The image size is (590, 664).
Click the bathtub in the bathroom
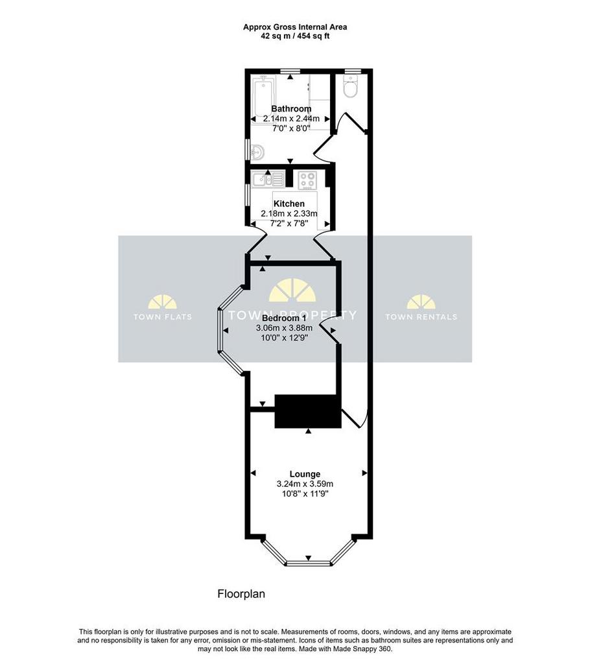(x=263, y=99)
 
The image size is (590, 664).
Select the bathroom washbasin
(x=257, y=152)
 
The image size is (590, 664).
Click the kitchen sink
(x=268, y=179)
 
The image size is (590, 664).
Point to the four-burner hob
(x=307, y=180)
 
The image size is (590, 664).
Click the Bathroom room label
(x=291, y=109)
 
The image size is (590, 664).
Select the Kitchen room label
(x=289, y=204)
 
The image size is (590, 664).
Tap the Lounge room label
(x=305, y=474)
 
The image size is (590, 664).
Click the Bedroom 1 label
(x=284, y=318)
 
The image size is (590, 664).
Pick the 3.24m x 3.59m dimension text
(x=305, y=484)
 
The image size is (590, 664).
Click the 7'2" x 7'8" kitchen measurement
(x=289, y=223)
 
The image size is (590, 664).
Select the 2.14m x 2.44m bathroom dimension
(x=291, y=119)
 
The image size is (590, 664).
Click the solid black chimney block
(x=308, y=410)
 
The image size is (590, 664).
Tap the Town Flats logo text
(x=163, y=316)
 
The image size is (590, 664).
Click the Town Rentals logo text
(x=421, y=316)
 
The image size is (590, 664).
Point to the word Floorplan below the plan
(x=241, y=594)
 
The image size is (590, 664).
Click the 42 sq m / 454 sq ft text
(x=295, y=36)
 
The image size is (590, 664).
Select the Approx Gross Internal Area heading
(x=295, y=27)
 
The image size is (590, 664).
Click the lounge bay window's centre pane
(x=309, y=563)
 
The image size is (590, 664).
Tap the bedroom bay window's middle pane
(x=220, y=330)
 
